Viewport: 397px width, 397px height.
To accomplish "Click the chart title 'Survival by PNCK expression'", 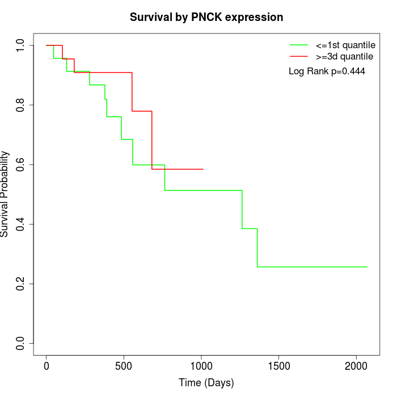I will coord(206,17).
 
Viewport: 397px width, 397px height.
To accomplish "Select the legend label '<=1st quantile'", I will coord(345,45).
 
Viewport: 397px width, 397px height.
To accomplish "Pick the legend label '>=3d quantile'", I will coord(344,56).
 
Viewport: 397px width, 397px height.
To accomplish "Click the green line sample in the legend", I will coord(299,45).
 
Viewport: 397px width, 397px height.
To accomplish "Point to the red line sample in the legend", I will coord(299,56).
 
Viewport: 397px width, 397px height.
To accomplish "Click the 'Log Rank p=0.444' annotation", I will coord(327,71).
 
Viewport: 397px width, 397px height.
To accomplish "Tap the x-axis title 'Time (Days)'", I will coord(206,383).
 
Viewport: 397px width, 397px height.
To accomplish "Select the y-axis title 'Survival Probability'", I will coord(5,194).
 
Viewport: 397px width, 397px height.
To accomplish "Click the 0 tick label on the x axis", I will coord(47,366).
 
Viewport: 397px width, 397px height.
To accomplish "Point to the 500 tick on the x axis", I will coord(124,366).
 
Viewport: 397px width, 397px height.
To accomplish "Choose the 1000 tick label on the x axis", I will coord(201,366).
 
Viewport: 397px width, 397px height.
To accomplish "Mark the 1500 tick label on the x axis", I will coord(278,366).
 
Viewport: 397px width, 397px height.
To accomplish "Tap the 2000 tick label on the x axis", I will coord(356,366).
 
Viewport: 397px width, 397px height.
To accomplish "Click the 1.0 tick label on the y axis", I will coord(21,45).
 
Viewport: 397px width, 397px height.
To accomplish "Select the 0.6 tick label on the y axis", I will coord(21,164).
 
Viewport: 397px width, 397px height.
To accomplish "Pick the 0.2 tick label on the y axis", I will coord(21,284).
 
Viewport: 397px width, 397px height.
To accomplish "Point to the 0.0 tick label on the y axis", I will coord(21,343).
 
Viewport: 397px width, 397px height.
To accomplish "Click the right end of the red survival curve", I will coord(203,169).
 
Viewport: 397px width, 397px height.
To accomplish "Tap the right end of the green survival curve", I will coord(367,267).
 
